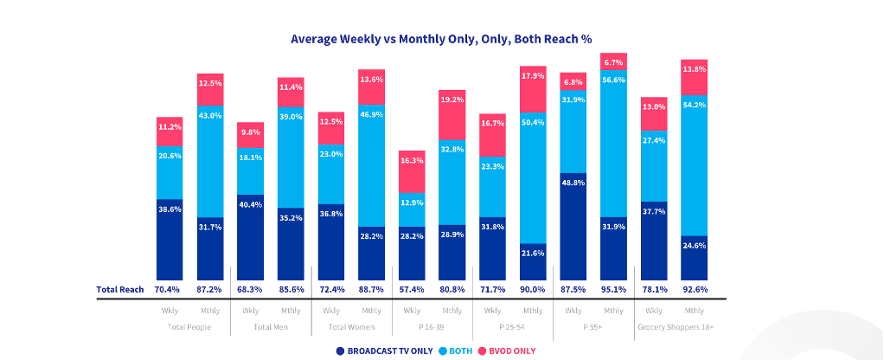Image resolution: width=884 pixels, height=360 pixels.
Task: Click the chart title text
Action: pos(441,39)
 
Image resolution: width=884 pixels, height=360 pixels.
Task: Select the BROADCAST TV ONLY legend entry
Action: pos(386,350)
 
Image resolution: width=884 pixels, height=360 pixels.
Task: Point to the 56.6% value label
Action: pos(613,80)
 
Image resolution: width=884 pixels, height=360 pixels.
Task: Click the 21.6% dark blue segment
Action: pos(533,261)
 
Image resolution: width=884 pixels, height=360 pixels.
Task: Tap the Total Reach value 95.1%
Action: pos(613,289)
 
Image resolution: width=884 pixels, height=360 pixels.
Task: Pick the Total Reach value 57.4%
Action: pos(412,289)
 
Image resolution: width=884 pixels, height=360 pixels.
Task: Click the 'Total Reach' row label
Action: pos(119,289)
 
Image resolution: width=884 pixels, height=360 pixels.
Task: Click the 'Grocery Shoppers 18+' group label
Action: pos(674,326)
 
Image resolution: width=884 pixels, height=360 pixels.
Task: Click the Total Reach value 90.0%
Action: pos(533,289)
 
